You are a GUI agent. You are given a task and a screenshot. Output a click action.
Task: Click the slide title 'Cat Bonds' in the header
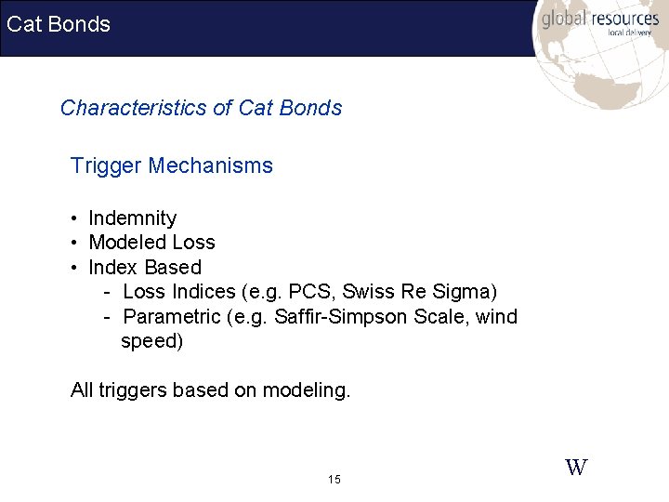[x=59, y=24]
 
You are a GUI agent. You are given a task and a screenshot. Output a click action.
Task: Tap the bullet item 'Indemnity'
[x=132, y=218]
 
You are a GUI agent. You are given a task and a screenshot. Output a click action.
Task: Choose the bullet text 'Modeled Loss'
[x=151, y=243]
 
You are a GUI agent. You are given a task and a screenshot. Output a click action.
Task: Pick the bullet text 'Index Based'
[x=144, y=268]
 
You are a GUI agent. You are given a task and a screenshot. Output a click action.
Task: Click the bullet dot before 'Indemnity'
[x=73, y=219]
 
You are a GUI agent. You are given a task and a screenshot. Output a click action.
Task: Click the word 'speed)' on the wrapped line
[x=152, y=341]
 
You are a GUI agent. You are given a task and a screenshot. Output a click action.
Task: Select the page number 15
[x=334, y=480]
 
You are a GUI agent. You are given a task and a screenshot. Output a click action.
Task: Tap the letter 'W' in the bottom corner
[x=576, y=468]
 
